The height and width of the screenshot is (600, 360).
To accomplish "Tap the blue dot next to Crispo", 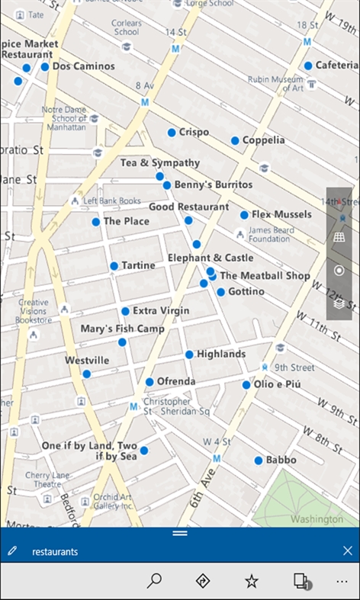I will (172, 133).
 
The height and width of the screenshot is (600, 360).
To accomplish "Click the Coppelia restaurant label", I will (263, 140).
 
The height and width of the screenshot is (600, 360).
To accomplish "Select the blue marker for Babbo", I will (258, 460).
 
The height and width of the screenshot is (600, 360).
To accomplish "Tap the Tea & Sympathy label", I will (159, 163).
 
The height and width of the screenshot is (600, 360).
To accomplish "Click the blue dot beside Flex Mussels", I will (244, 215).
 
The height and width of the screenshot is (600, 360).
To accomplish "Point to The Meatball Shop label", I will (265, 276).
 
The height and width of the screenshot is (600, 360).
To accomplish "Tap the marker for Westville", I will (87, 374).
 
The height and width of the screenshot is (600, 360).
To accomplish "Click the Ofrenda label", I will (176, 381).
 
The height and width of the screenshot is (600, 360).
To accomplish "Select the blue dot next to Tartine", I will (114, 266).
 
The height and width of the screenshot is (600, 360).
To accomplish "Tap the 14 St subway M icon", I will (175, 49).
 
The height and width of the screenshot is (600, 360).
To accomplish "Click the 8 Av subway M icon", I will (144, 101).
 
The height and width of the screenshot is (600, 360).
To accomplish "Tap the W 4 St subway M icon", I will (217, 458).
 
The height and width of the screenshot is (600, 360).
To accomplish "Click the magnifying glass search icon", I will (155, 581).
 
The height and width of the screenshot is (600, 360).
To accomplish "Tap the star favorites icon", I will (252, 581).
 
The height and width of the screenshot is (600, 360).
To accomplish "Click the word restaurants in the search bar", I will (55, 551).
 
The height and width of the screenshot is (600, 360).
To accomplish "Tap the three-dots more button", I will (341, 581).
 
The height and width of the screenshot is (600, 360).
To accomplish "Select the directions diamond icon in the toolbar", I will (203, 581).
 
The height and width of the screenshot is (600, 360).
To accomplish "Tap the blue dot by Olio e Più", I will (246, 385).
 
